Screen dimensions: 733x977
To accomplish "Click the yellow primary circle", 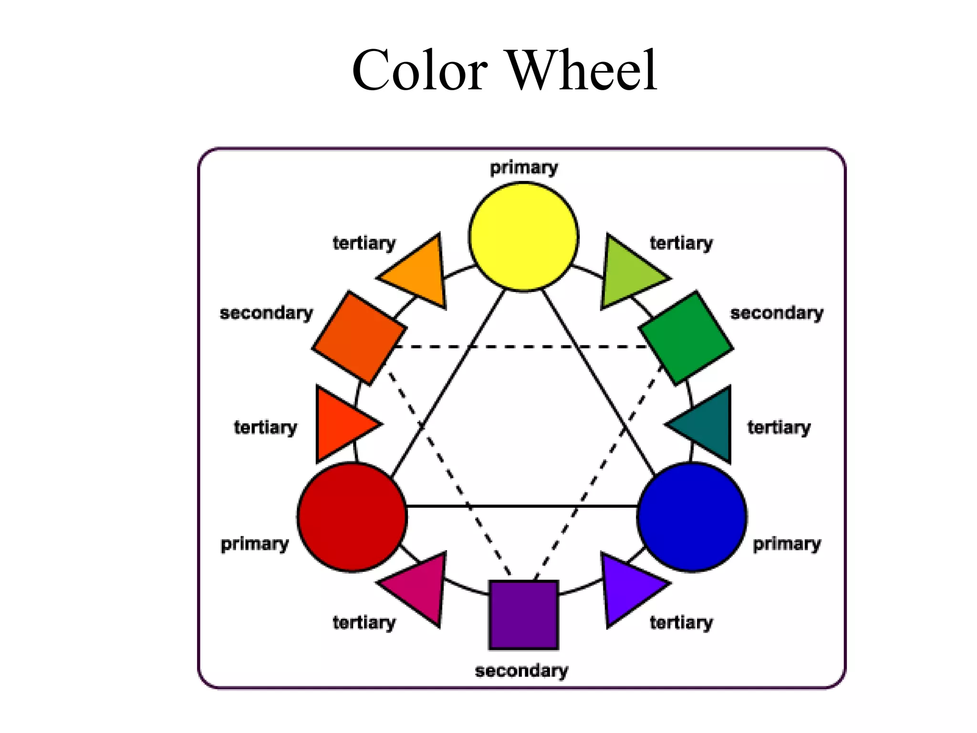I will click(x=523, y=237).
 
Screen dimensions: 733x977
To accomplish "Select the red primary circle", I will click(x=352, y=517).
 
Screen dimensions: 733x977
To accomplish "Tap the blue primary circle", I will click(x=692, y=517).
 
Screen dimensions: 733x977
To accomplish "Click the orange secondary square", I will click(x=359, y=338).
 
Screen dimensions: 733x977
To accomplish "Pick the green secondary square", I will click(x=686, y=338).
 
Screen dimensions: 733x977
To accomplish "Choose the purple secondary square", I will click(x=523, y=615).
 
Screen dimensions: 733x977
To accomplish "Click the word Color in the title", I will click(x=419, y=71).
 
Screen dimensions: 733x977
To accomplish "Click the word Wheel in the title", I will click(x=582, y=71).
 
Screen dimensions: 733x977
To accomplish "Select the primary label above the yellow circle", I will click(x=523, y=168).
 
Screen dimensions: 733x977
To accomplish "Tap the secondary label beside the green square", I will click(x=777, y=313).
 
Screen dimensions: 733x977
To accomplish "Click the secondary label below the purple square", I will click(x=521, y=670).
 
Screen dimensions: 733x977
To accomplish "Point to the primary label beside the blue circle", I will click(x=787, y=544).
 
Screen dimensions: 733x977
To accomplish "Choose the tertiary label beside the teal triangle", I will click(x=779, y=427).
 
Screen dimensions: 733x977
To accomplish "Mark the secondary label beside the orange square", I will click(x=266, y=313).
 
